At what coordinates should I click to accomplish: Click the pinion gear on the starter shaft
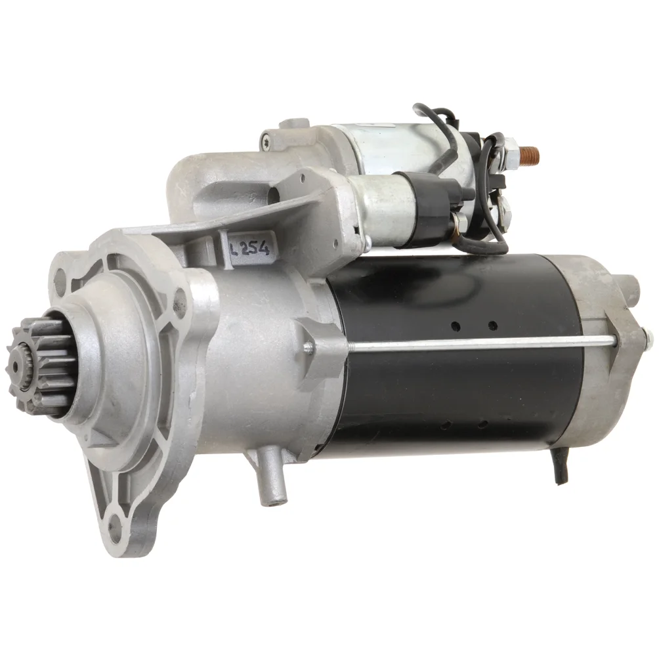[x=40, y=366]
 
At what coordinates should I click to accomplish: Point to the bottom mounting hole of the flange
[x=113, y=525]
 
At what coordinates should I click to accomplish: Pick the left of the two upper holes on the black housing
[x=456, y=326]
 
